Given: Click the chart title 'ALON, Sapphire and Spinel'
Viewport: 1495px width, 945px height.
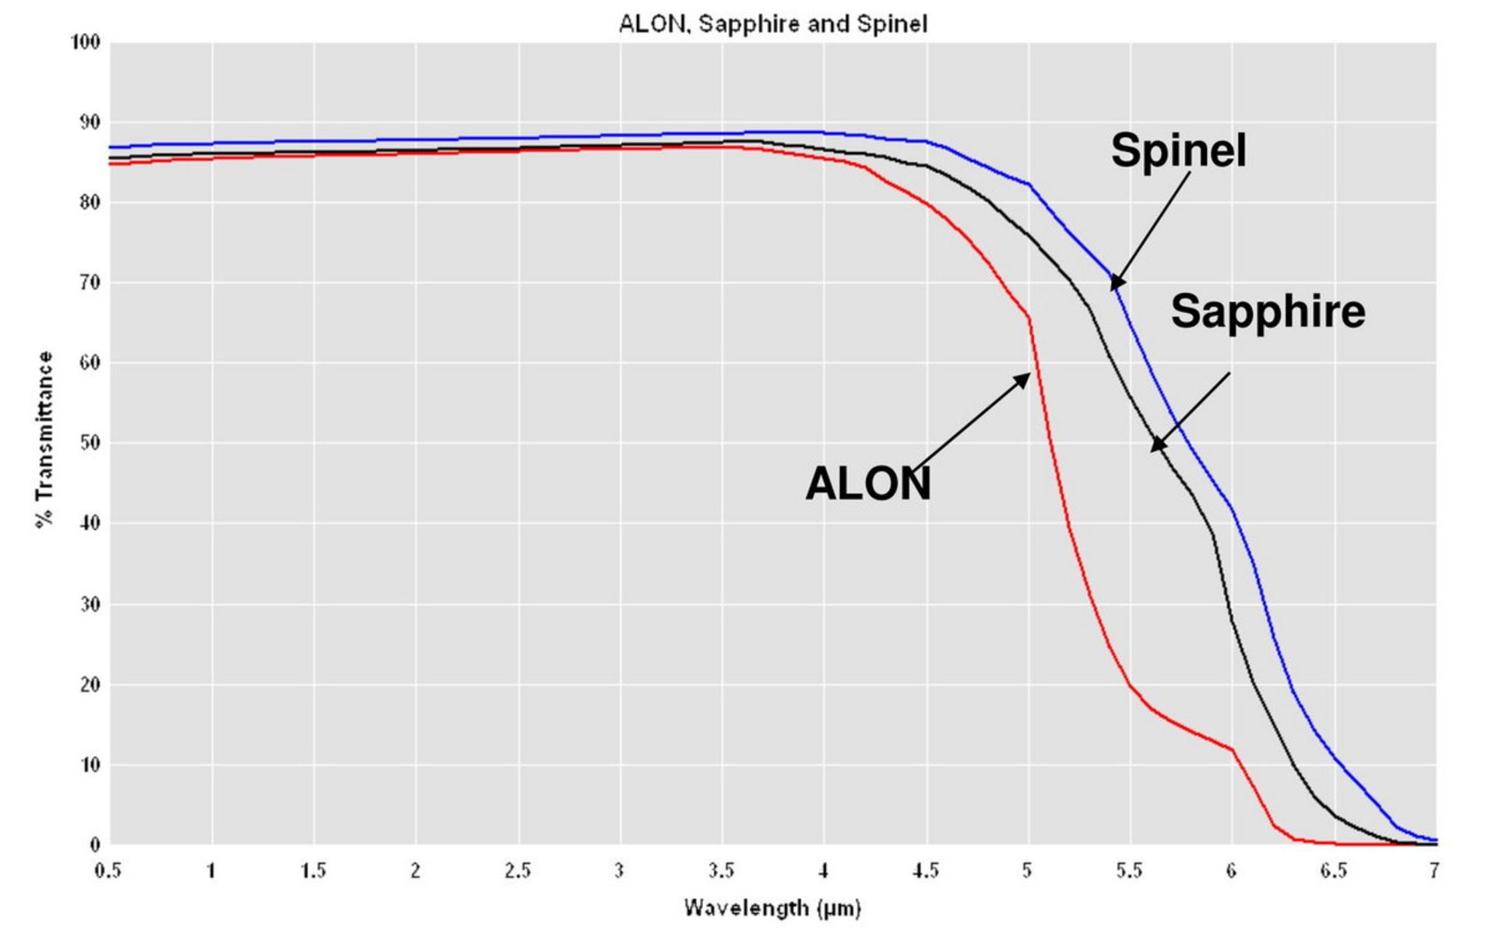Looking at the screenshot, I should [772, 24].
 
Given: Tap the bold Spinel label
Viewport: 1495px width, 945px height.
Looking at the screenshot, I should [1178, 150].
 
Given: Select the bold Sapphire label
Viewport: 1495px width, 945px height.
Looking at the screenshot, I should [1268, 311].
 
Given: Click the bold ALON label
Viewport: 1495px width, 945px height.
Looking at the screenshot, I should [867, 484].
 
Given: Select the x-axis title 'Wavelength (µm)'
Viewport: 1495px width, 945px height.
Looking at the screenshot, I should [772, 908].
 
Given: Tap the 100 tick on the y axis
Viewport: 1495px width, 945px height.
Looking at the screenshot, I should [86, 42].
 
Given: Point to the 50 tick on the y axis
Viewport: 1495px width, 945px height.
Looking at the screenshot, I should [90, 443].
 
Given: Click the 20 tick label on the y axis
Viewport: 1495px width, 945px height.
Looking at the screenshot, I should [90, 684].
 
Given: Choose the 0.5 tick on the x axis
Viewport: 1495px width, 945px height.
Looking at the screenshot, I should [108, 870].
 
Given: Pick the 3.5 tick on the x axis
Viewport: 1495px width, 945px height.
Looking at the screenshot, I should [721, 870].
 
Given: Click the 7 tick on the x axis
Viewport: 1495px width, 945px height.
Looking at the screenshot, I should [1433, 870].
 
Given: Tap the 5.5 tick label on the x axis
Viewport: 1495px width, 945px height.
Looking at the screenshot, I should [1129, 870].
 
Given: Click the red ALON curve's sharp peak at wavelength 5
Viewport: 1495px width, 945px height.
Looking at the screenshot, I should [1029, 316].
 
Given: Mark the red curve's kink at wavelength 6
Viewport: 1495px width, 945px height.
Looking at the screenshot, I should [1233, 749].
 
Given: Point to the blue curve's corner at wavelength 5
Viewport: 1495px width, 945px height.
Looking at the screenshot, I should [1029, 185].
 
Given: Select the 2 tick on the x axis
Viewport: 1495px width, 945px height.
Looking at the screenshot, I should [416, 870].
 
